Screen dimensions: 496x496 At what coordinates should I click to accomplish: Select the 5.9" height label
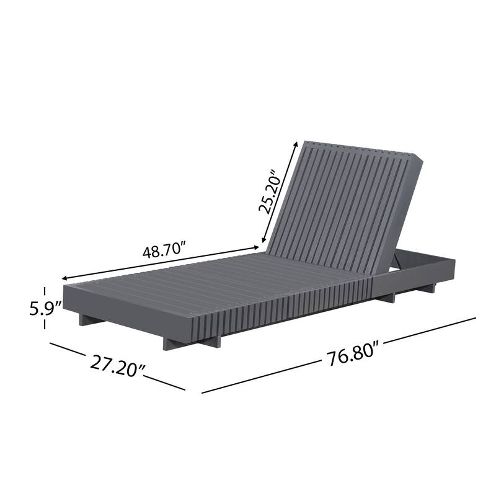[45, 308]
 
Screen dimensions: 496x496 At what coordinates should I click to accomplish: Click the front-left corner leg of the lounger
[84, 320]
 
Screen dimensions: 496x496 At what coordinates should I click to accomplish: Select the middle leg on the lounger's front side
[171, 343]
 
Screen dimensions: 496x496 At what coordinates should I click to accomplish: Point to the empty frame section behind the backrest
[422, 260]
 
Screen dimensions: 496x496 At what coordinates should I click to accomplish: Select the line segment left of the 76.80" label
[260, 377]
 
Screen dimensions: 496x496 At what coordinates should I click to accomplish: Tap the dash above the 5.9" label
[45, 291]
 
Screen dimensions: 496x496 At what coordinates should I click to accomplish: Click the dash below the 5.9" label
[45, 326]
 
